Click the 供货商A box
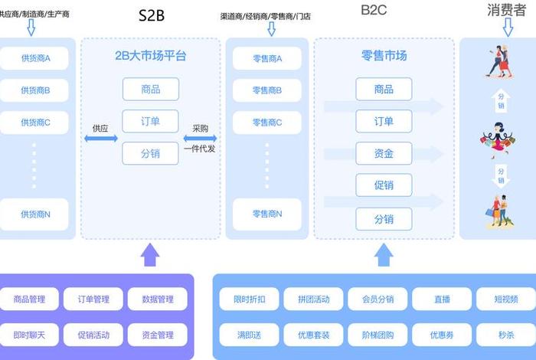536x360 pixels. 36,58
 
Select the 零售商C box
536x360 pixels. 267,122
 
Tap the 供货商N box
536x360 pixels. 36,214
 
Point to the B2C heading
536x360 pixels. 375,11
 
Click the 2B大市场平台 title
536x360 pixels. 151,56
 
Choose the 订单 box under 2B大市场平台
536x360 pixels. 151,122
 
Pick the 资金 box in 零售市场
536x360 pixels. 384,154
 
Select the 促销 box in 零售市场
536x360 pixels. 384,186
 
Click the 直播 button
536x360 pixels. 441,299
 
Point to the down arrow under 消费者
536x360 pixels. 508,28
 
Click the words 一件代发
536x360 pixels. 200,149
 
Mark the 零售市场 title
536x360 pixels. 384,56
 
